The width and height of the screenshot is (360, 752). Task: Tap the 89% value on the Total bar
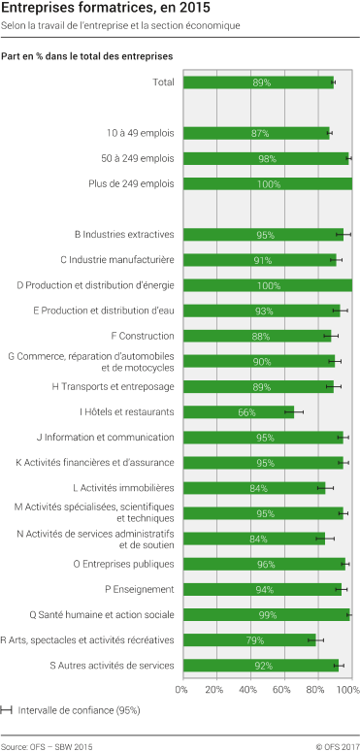click(262, 83)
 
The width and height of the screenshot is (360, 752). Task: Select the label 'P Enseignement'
click(139, 589)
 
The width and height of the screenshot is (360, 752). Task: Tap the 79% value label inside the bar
click(254, 640)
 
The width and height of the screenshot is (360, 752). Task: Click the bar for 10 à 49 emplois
click(255, 133)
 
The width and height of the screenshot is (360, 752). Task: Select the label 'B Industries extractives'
click(124, 234)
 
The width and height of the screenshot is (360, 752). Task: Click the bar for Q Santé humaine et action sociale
click(265, 614)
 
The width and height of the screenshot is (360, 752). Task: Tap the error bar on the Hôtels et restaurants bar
click(293, 411)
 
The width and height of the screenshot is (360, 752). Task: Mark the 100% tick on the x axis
click(348, 690)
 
